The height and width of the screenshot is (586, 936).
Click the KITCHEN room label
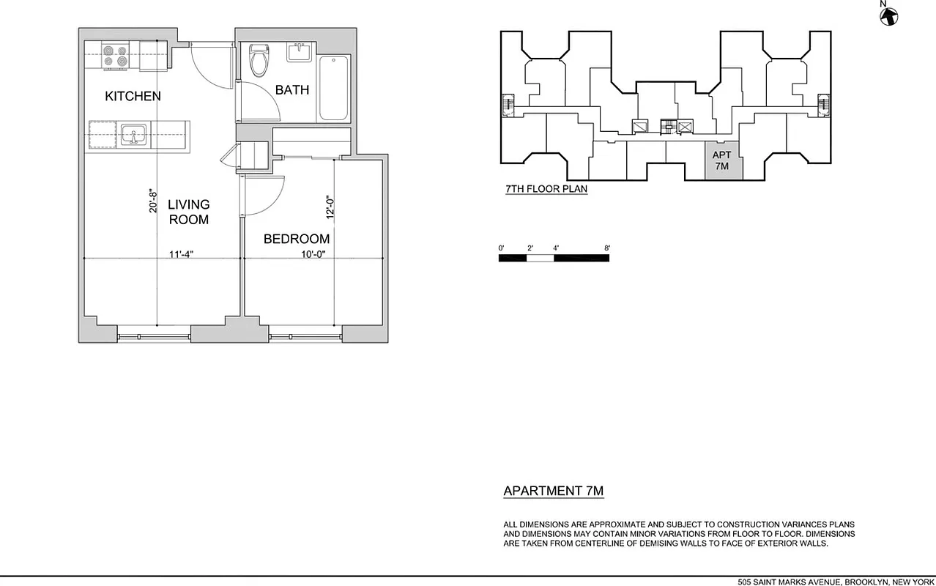[133, 96]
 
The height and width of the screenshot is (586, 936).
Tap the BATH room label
[291, 90]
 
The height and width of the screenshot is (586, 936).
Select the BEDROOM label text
[296, 239]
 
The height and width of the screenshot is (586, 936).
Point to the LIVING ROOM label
[188, 212]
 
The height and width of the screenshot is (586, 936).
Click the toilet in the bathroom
[258, 62]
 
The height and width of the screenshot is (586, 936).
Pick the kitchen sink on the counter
[133, 135]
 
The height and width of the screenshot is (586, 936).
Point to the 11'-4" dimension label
[181, 254]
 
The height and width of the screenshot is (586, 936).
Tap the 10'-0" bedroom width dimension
[312, 254]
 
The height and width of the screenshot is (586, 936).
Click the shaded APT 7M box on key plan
[721, 161]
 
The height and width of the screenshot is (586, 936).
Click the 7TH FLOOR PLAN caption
[546, 189]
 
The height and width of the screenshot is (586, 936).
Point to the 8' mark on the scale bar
[607, 248]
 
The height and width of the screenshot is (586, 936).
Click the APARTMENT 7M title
[553, 491]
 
